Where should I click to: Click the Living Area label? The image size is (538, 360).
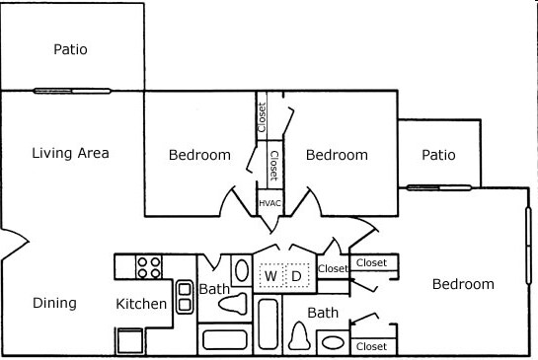coord(70,153)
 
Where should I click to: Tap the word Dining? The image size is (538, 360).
coord(54,303)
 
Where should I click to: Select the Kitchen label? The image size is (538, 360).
coord(141,304)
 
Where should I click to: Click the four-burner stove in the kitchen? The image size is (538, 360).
coord(149,267)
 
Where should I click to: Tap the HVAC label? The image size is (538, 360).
coord(269,202)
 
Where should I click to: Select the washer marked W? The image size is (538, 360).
coord(269,276)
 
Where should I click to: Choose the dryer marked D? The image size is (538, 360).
coord(295,276)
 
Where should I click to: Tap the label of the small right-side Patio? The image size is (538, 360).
coord(438,155)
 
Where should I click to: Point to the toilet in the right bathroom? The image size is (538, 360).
coord(299,337)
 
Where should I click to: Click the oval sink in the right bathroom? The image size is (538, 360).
coord(333,343)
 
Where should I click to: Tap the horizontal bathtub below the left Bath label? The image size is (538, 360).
coord(224,340)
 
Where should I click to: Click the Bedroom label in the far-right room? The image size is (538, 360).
coord(463,284)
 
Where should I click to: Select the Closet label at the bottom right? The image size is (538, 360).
coord(371,346)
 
